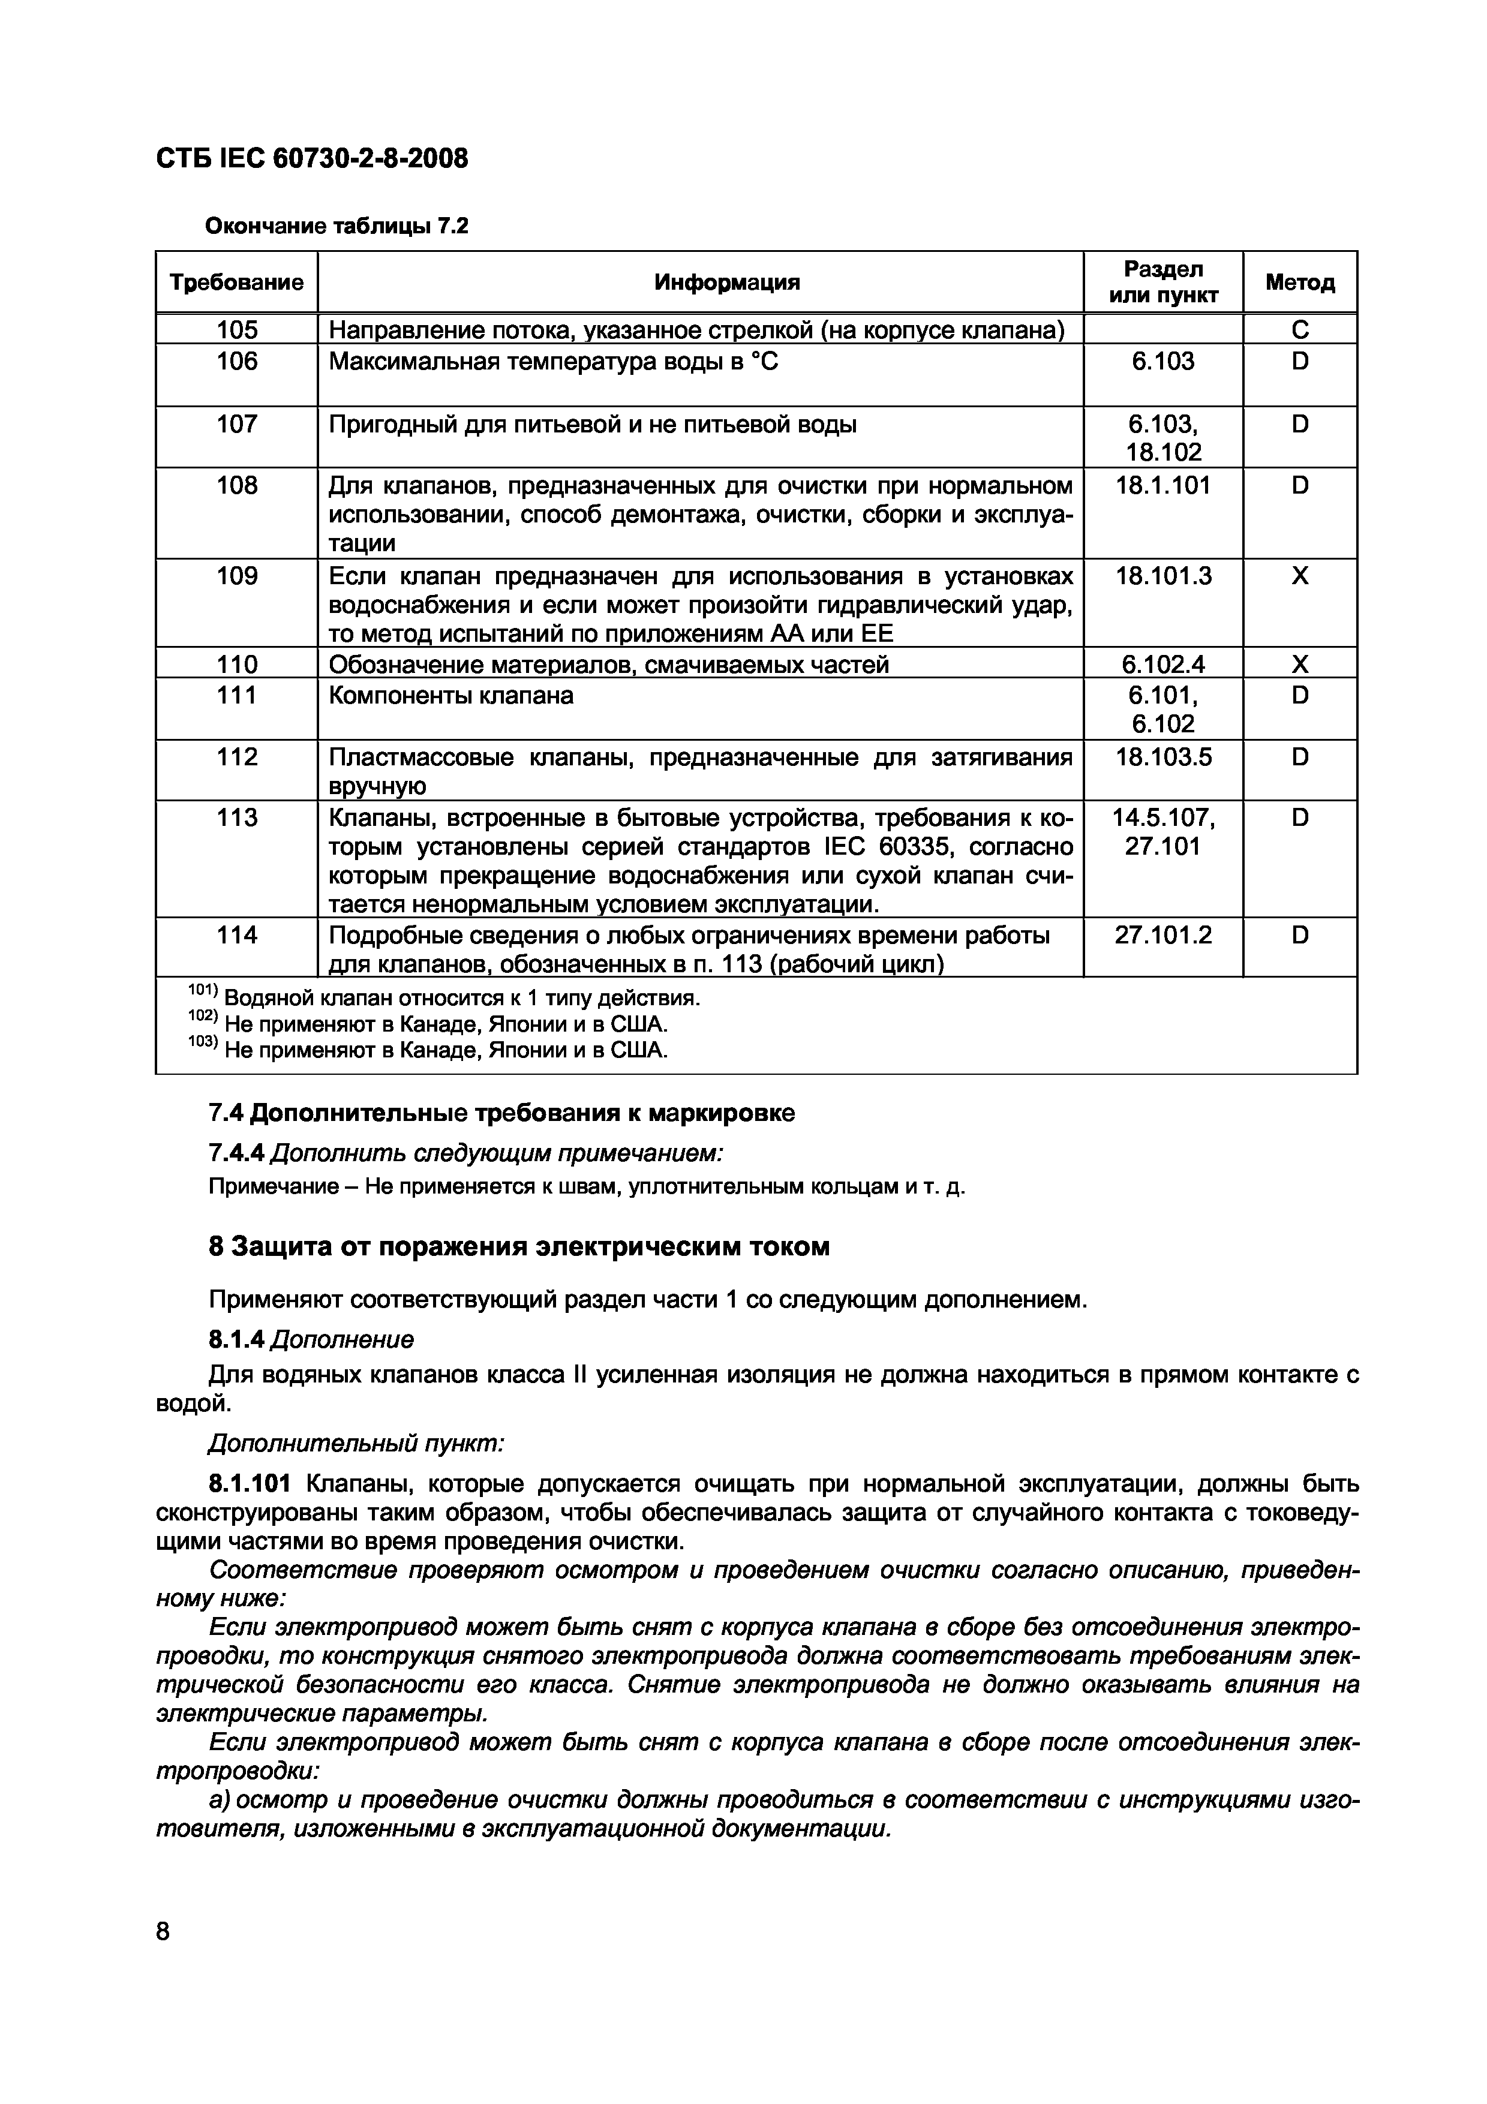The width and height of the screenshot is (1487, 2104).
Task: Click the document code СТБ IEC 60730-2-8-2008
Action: pos(311,160)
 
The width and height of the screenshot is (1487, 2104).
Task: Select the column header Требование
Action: pos(236,282)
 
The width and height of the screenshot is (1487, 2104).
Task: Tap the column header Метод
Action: pos(1299,282)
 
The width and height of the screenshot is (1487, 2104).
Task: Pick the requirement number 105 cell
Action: pos(236,330)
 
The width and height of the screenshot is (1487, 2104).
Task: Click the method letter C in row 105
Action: pos(1299,330)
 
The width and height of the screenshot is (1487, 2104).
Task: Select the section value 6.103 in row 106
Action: pos(1162,361)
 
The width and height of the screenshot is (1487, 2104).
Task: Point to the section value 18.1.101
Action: pos(1162,485)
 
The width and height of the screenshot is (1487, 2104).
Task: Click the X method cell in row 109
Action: pos(1299,576)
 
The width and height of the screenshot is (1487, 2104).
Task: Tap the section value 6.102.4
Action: pos(1162,663)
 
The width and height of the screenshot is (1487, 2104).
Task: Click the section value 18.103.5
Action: pos(1162,757)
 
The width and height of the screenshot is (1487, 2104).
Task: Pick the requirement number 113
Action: pos(236,817)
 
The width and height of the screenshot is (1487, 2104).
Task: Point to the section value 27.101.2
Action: pos(1162,934)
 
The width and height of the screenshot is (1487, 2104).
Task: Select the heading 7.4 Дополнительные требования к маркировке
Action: pos(501,1113)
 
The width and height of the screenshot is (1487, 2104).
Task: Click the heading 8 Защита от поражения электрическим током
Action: pos(519,1246)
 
